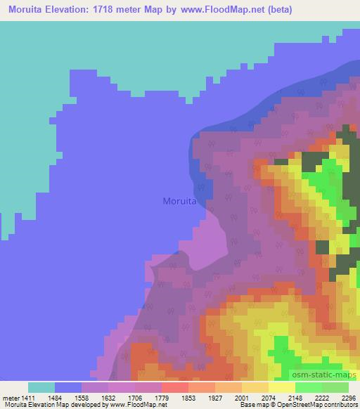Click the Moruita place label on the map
pyautogui.click(x=179, y=201)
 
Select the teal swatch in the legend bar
pyautogui.click(x=41, y=387)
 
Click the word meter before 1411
pyautogui.click(x=8, y=397)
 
